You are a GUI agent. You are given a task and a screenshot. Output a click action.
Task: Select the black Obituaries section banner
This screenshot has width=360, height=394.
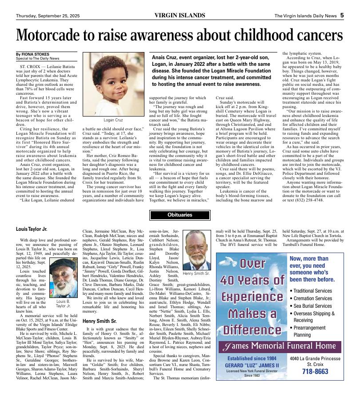[180, 215]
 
